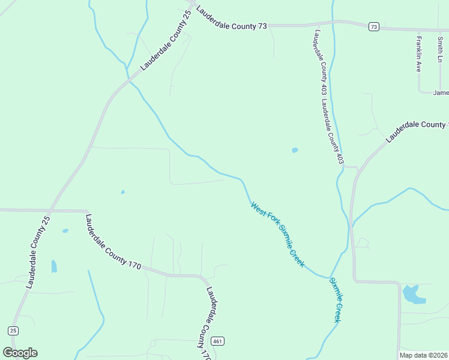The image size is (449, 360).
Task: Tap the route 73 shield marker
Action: click(374, 26)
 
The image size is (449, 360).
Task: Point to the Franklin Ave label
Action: click(419, 55)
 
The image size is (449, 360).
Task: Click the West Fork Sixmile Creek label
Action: click(278, 235)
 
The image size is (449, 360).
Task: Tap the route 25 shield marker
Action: click(13, 331)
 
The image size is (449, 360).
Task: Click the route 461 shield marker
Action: click(218, 340)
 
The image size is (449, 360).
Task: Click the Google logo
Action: click(20, 353)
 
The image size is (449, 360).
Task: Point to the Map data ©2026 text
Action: click(424, 355)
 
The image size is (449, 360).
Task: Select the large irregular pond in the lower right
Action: click(412, 294)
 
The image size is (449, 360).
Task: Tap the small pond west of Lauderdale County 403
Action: click(295, 150)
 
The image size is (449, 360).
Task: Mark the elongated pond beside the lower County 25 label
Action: click(54, 266)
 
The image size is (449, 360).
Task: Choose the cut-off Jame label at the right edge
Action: click(441, 92)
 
